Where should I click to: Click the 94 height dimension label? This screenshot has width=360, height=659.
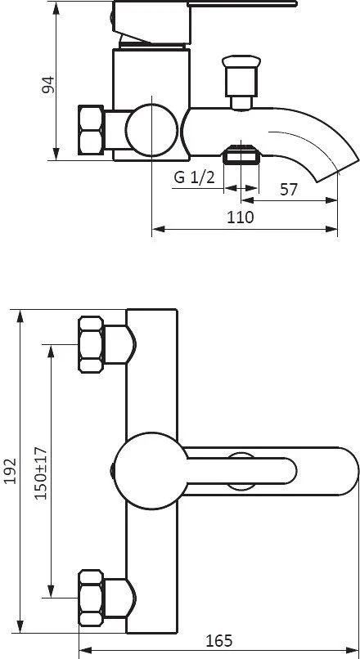[x=48, y=84]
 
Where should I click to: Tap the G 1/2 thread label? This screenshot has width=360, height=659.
[x=194, y=177]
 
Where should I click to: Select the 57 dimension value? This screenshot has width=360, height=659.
[x=289, y=190]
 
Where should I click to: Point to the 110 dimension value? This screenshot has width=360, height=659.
[x=241, y=217]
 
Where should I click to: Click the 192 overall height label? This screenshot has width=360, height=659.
[x=10, y=471]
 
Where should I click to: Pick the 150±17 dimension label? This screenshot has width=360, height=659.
[x=41, y=473]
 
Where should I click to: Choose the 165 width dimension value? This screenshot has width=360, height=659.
[x=218, y=640]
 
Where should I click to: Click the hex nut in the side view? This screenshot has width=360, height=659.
[x=91, y=130]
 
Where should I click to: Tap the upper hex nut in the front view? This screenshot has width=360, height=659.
[x=91, y=345]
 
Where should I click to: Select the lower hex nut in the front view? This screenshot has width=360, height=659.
[x=91, y=598]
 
